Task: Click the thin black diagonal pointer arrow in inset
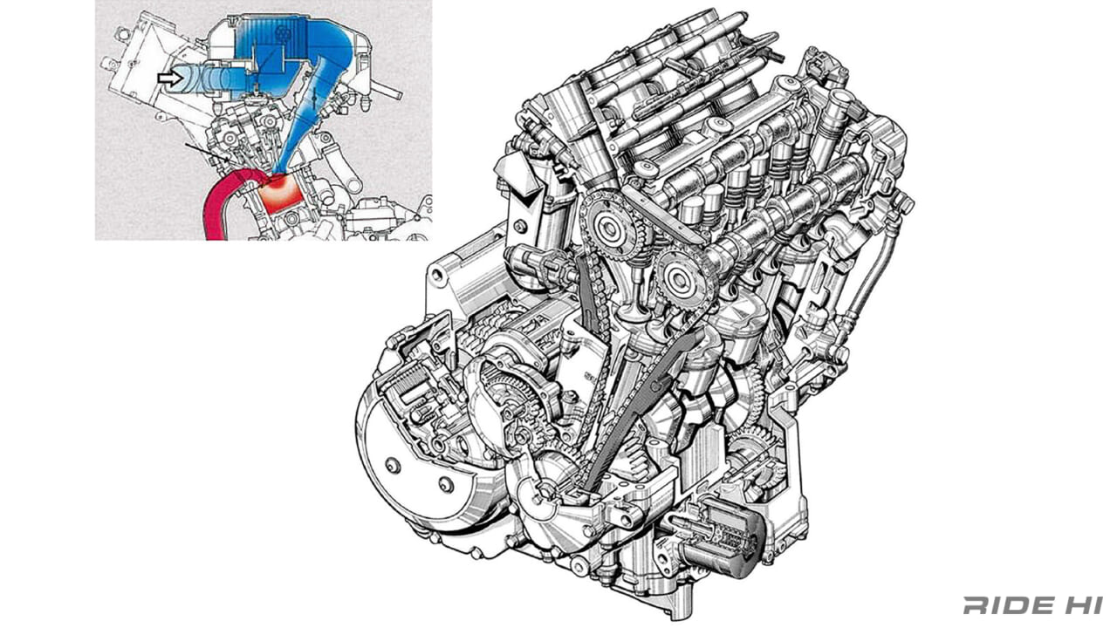click(x=208, y=158)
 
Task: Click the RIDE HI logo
click(x=1032, y=604)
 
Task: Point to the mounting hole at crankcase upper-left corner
click(x=435, y=278)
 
